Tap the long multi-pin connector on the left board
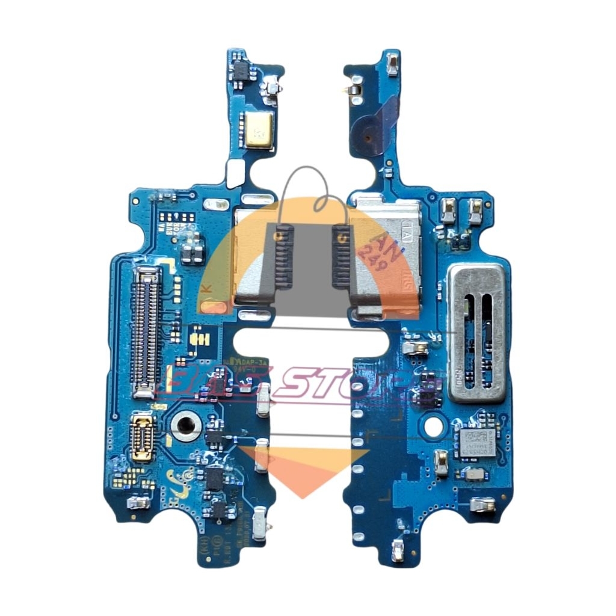tap(146, 330)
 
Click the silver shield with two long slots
tap(476, 334)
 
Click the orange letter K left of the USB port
tap(206, 288)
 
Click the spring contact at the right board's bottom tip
tap(398, 549)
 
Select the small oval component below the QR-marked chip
tap(475, 475)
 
